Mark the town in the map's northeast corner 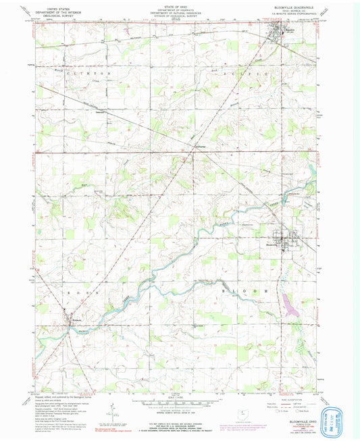(x=275, y=31)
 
